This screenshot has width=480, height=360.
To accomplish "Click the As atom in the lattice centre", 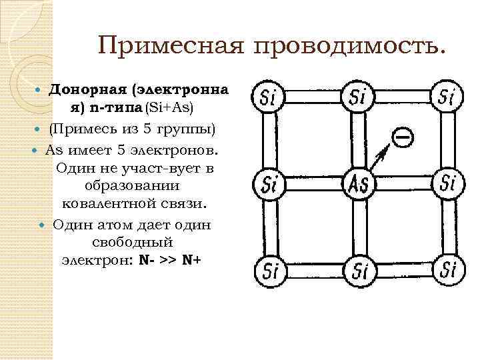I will point(357,183).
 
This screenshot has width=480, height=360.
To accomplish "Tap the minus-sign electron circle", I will point(401,138).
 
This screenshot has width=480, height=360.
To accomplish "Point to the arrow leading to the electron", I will point(381,158).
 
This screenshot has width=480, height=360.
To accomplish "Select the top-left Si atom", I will point(268,97).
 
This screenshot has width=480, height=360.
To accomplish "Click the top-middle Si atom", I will point(357,97).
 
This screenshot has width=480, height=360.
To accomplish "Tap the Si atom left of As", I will point(268,183).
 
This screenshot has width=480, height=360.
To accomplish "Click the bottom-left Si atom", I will point(268,270).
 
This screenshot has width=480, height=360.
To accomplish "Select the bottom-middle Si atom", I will point(357,270).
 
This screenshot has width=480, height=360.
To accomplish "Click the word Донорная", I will point(89,89).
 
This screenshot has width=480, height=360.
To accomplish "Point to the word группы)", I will point(187,127).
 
